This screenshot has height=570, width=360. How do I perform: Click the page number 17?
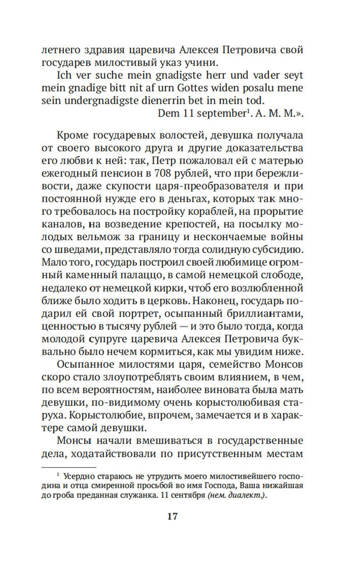172,516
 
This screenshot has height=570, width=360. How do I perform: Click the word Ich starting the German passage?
64,75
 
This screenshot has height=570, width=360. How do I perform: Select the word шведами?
76,250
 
